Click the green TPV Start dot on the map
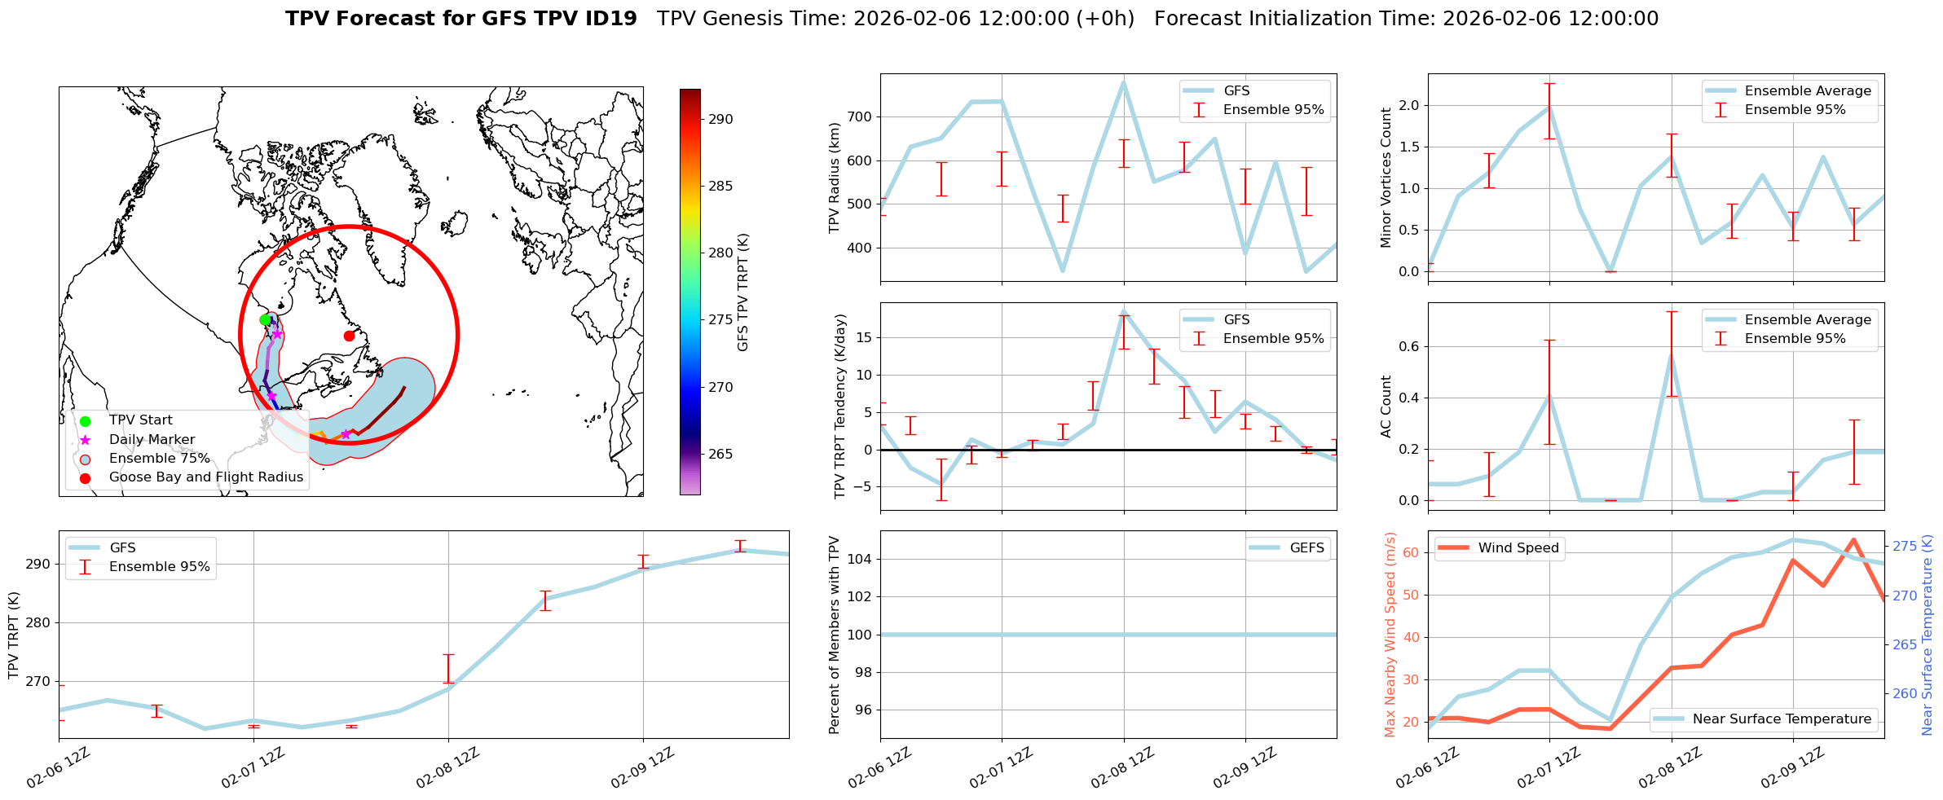pyautogui.click(x=265, y=320)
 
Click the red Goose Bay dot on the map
pyautogui.click(x=349, y=336)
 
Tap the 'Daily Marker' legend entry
pyautogui.click(x=152, y=440)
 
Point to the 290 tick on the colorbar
pyautogui.click(x=720, y=119)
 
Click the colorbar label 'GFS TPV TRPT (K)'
pyautogui.click(x=742, y=292)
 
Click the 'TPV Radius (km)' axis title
pyautogui.click(x=834, y=178)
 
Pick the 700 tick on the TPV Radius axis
pyautogui.click(x=861, y=117)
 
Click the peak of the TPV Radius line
pyautogui.click(x=1123, y=82)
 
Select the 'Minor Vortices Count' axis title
pyautogui.click(x=1386, y=178)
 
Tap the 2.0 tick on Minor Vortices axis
pyautogui.click(x=1409, y=106)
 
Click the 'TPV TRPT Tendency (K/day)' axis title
pyautogui.click(x=840, y=407)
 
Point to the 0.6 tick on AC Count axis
pyautogui.click(x=1409, y=347)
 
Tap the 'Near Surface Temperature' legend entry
pyautogui.click(x=1782, y=719)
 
